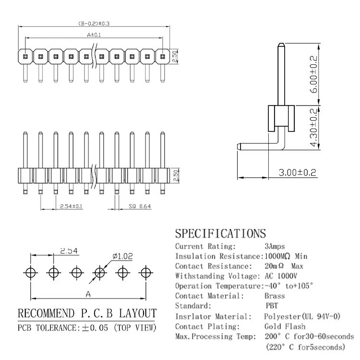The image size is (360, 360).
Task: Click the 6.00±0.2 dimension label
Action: click(x=313, y=74)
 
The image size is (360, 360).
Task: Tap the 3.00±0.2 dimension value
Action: click(x=297, y=172)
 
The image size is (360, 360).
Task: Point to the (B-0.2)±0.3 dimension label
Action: click(x=94, y=24)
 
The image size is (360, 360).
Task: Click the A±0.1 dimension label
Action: click(x=94, y=35)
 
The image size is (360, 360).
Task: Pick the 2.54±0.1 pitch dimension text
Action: click(x=71, y=206)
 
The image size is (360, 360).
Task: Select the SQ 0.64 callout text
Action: click(x=140, y=206)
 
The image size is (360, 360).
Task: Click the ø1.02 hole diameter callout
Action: click(x=122, y=256)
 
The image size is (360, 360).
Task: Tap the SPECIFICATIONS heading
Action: click(x=220, y=233)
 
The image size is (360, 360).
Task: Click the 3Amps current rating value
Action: click(x=275, y=246)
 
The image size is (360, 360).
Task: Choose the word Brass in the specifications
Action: click(x=275, y=296)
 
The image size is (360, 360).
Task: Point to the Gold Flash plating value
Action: click(x=285, y=326)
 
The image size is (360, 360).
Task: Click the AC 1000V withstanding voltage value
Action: click(x=281, y=276)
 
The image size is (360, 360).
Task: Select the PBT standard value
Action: click(x=272, y=306)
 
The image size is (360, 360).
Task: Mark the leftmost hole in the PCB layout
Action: click(x=31, y=273)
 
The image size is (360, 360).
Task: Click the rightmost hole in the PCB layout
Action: click(x=145, y=273)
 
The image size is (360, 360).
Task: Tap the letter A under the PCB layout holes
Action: click(x=88, y=294)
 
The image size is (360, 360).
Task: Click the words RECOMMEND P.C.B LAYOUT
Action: click(x=87, y=313)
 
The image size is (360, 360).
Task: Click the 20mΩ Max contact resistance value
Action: click(x=284, y=266)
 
